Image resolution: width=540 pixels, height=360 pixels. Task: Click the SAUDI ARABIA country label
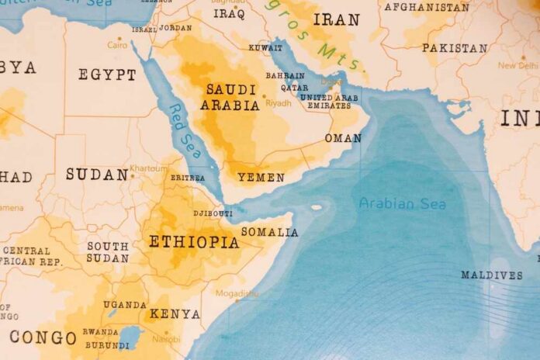click(230, 98)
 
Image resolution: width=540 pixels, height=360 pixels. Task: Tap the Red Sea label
click(185, 131)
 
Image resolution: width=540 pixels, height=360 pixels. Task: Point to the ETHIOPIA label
click(194, 242)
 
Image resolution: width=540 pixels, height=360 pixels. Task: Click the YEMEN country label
click(261, 178)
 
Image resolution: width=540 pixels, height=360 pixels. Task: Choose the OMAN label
click(343, 138)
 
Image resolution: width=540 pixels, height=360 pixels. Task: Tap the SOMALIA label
click(269, 232)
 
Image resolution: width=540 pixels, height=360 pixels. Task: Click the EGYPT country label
click(107, 74)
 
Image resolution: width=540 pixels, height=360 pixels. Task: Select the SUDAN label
click(97, 175)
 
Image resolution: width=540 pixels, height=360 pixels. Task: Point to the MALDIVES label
click(492, 275)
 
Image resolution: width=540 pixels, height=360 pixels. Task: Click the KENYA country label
click(175, 314)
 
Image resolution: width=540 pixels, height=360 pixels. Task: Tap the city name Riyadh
click(279, 102)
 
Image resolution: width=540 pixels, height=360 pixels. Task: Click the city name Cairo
click(117, 45)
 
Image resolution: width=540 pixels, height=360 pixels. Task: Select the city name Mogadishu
click(237, 293)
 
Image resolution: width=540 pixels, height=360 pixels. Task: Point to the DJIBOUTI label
click(212, 213)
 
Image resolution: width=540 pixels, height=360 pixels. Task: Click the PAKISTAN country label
click(455, 48)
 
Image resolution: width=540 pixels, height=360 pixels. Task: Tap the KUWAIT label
click(265, 48)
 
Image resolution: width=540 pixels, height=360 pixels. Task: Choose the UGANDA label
click(125, 305)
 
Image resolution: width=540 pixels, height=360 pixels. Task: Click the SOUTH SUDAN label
click(108, 252)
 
